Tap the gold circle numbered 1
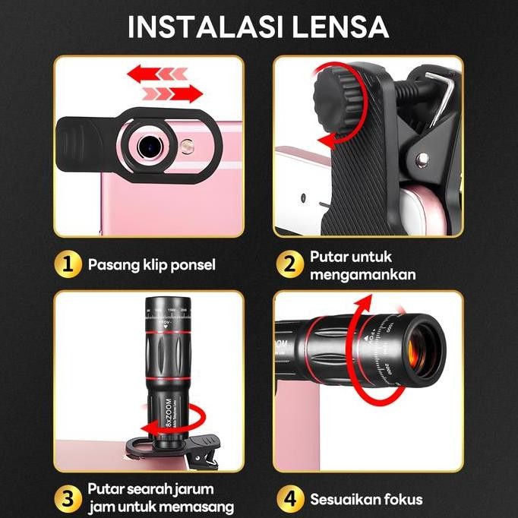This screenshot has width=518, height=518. pyautogui.click(x=68, y=264)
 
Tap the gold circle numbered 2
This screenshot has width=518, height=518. pyautogui.click(x=289, y=265)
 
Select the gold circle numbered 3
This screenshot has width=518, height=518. pyautogui.click(x=68, y=497)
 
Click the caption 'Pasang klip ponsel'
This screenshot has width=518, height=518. pyautogui.click(x=152, y=265)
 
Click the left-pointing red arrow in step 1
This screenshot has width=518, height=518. pyautogui.click(x=156, y=74)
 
